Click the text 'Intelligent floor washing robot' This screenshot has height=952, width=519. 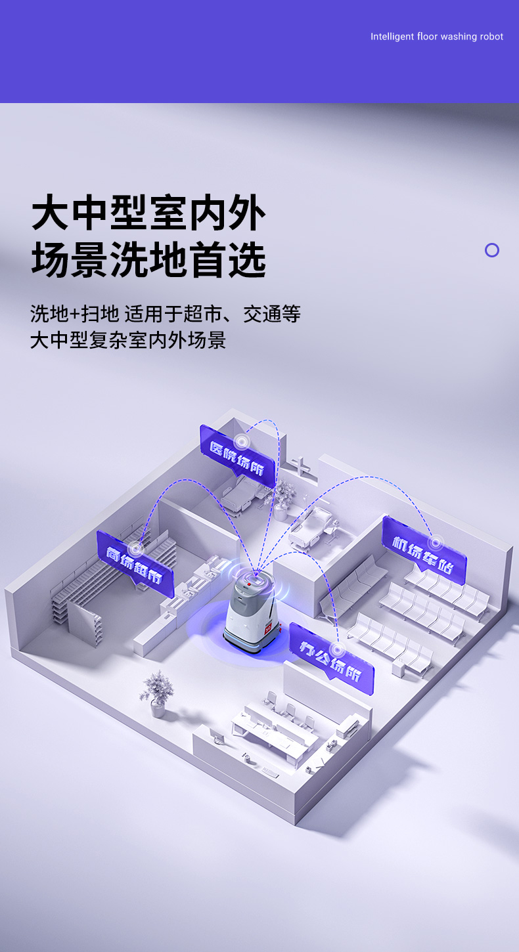[436, 37]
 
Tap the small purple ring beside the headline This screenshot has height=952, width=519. [492, 250]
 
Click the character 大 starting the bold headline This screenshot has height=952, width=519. [50, 212]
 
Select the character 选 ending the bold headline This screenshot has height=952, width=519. [248, 259]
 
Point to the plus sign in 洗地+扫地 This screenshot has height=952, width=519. [75, 314]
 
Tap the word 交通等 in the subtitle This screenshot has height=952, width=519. [272, 314]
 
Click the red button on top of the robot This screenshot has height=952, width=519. [249, 585]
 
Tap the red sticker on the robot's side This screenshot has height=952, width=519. [268, 628]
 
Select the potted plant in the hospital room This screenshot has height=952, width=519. [282, 500]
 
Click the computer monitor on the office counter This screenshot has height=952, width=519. [217, 735]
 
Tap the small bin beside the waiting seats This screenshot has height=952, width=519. [397, 668]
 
